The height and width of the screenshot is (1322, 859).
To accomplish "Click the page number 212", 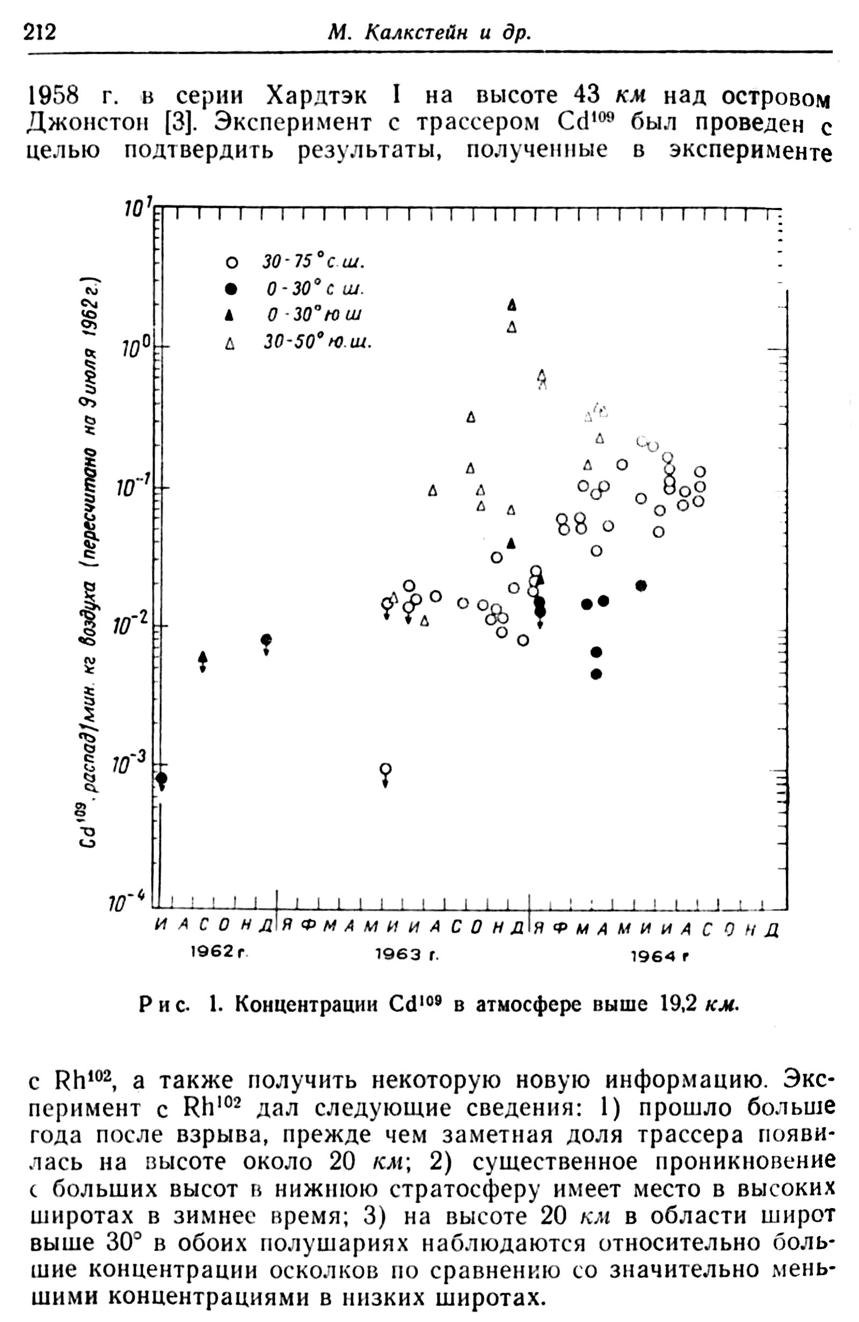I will click(40, 33).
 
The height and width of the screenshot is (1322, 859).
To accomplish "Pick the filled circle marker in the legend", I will click(231, 289).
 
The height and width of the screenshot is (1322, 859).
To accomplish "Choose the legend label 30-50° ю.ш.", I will click(317, 343).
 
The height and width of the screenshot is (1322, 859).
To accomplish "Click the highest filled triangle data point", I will click(512, 305).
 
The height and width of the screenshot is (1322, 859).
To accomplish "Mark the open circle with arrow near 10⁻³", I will click(385, 769).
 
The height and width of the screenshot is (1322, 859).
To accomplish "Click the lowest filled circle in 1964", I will click(596, 674).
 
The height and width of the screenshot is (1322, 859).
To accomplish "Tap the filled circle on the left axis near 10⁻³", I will click(162, 778).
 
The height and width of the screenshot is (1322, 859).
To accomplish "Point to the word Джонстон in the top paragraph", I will click(86, 123).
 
